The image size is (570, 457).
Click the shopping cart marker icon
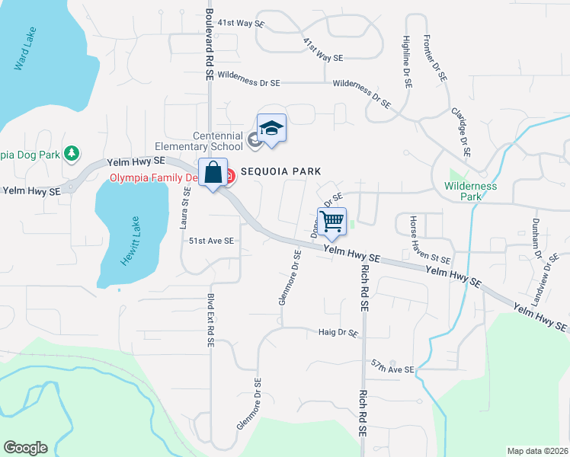[331, 222]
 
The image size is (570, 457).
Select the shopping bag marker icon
[213, 173]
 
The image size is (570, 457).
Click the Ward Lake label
[25, 50]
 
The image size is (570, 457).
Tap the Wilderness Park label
[471, 190]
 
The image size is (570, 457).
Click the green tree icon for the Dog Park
[72, 154]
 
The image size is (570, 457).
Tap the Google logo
[25, 448]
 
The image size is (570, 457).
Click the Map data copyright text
[537, 451]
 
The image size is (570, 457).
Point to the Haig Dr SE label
[338, 333]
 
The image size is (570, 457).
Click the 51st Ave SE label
[211, 241]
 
